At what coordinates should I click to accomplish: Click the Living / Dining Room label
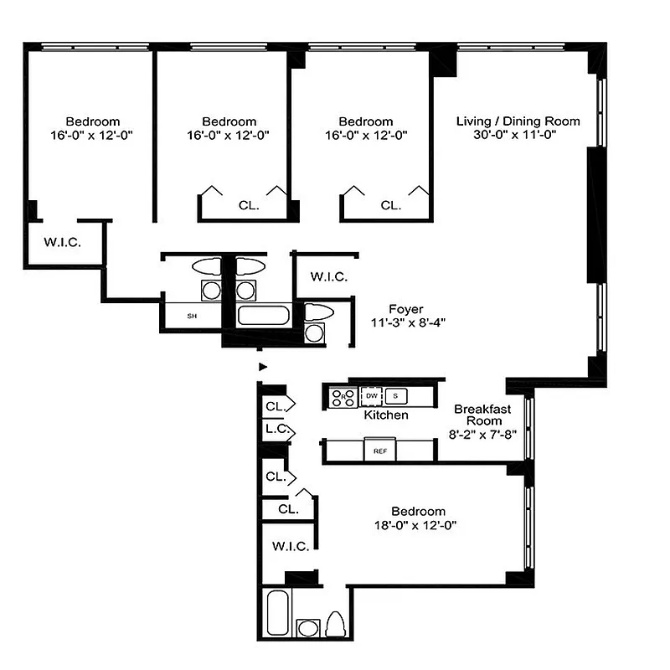click(518, 121)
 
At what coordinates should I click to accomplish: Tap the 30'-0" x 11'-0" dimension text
click(518, 135)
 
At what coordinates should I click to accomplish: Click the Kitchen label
click(386, 415)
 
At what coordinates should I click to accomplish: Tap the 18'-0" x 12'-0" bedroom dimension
click(417, 525)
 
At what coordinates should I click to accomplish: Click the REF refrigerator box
click(379, 451)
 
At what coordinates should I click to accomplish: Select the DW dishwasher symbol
click(371, 395)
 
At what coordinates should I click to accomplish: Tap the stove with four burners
click(341, 397)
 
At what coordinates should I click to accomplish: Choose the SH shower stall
click(192, 316)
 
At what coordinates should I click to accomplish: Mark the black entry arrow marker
click(263, 366)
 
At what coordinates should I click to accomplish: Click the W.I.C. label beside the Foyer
click(328, 276)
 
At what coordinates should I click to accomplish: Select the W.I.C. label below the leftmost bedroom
click(61, 244)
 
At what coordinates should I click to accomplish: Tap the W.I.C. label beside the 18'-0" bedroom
click(290, 546)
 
